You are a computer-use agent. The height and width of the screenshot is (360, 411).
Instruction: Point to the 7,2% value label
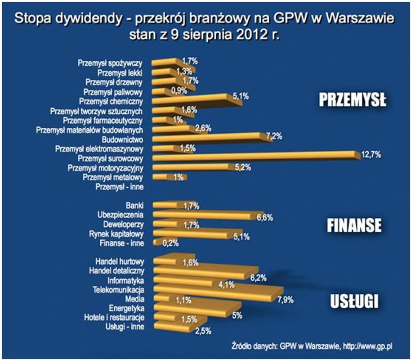click(273, 137)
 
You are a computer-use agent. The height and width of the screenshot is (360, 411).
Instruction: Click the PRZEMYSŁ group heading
click(353, 100)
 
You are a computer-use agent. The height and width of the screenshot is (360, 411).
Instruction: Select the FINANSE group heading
click(353, 225)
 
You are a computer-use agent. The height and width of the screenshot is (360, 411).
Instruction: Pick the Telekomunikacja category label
click(118, 288)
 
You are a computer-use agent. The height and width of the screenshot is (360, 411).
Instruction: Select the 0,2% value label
click(170, 243)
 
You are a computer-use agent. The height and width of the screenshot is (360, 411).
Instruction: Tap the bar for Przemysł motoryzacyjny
click(193, 167)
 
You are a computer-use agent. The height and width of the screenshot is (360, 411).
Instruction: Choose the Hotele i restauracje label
click(114, 318)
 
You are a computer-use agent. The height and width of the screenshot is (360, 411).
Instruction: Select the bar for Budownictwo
click(207, 136)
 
